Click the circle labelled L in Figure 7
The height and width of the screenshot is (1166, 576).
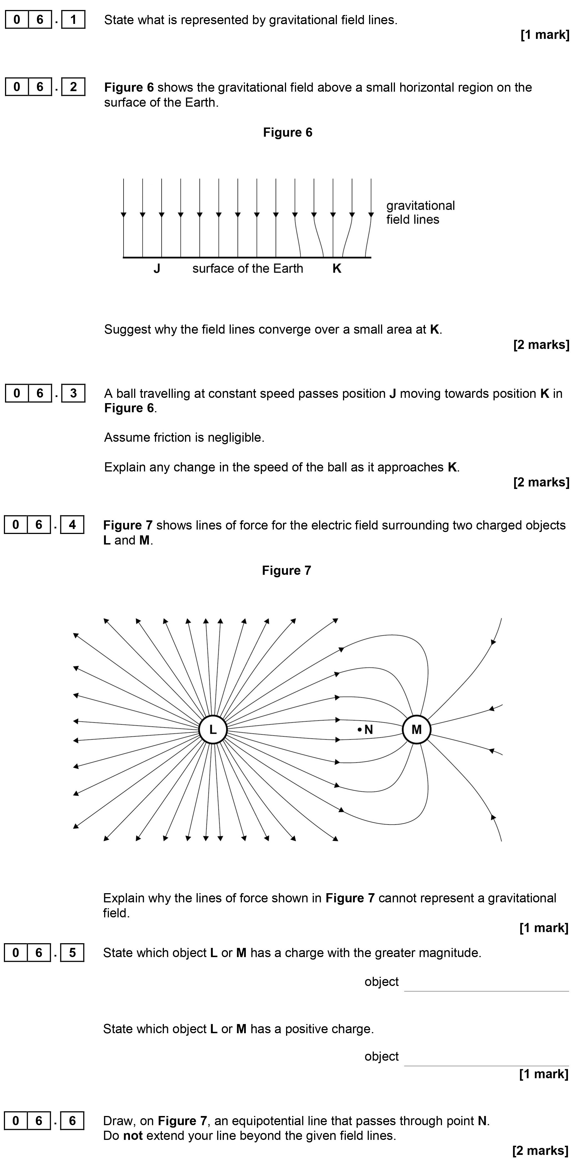pos(213,729)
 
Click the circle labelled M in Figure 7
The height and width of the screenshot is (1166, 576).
pos(416,729)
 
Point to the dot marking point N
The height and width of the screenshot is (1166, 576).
pos(360,729)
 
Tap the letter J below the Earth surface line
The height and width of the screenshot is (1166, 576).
pos(157,268)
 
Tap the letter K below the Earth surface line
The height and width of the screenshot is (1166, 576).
pos(337,268)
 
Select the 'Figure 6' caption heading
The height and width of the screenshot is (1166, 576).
pos(287,132)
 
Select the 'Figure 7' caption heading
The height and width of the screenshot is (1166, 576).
pos(286,570)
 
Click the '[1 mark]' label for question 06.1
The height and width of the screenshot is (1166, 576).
pos(545,35)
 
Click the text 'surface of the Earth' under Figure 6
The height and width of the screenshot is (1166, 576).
pos(247,268)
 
